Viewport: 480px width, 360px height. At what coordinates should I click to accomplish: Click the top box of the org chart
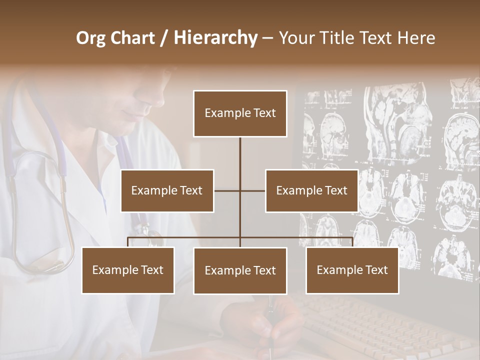[x=240, y=113]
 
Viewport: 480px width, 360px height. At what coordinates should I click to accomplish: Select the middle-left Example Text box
[x=167, y=190]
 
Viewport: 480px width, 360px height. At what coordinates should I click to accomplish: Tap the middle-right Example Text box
[x=311, y=190]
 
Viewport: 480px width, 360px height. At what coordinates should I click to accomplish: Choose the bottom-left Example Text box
[x=128, y=270]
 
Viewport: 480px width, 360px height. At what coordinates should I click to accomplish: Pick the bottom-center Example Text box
[x=240, y=270]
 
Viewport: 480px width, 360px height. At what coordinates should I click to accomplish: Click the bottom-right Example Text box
[x=352, y=270]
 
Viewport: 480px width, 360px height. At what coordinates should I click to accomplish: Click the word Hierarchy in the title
[x=215, y=37]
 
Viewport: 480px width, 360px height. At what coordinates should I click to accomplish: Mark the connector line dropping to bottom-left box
[x=128, y=242]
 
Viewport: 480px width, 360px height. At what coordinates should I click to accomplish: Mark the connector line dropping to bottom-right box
[x=352, y=242]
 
